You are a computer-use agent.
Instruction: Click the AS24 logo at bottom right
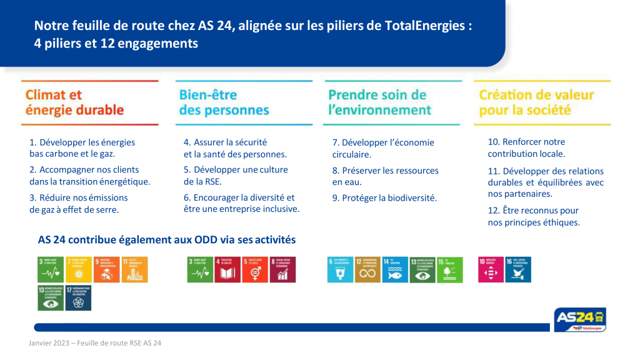(579, 319)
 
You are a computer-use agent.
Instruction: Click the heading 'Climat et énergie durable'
(74, 102)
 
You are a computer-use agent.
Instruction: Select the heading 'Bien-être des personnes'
(224, 102)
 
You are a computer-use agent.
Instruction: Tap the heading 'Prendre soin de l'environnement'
(379, 102)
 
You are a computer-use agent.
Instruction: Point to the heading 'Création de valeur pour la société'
(536, 102)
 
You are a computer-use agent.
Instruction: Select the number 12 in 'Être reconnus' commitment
(494, 211)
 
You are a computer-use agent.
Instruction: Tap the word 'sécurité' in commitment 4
(246, 142)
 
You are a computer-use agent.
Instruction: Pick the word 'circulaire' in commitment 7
(351, 154)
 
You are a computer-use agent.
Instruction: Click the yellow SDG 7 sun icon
(77, 269)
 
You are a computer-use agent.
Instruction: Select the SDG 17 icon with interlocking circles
(77, 297)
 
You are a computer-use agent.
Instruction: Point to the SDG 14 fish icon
(395, 269)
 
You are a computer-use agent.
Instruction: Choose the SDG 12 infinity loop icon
(367, 269)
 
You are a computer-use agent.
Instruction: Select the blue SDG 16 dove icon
(518, 269)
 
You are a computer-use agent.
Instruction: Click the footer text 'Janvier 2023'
(48, 343)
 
